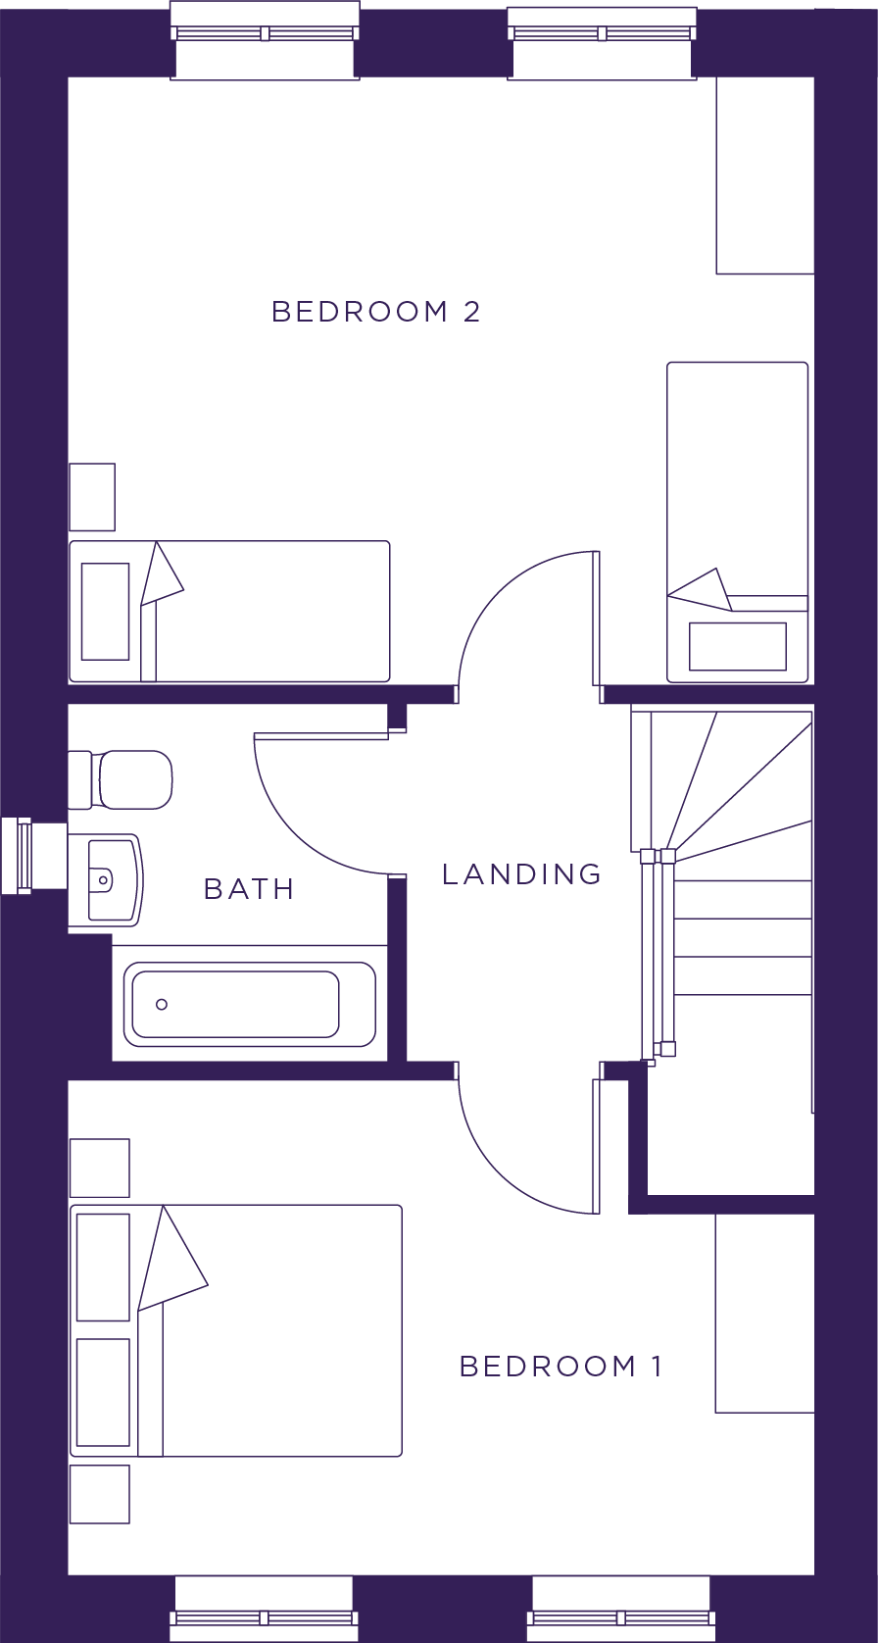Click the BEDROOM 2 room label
click(x=376, y=312)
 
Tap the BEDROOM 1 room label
click(x=561, y=1367)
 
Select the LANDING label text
click(x=522, y=873)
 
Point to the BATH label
click(x=249, y=889)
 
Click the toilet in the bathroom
click(x=121, y=779)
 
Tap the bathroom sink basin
click(x=106, y=879)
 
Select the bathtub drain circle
click(x=162, y=1004)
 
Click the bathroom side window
click(x=33, y=855)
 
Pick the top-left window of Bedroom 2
click(x=265, y=40)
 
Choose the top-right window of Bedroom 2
click(x=602, y=42)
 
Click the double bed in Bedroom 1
click(x=236, y=1330)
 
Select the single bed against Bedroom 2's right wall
click(x=737, y=522)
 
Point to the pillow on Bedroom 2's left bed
click(x=105, y=612)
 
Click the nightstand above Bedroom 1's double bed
click(x=100, y=1168)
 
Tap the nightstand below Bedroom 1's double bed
click(x=100, y=1494)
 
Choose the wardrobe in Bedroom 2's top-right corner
click(x=765, y=175)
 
